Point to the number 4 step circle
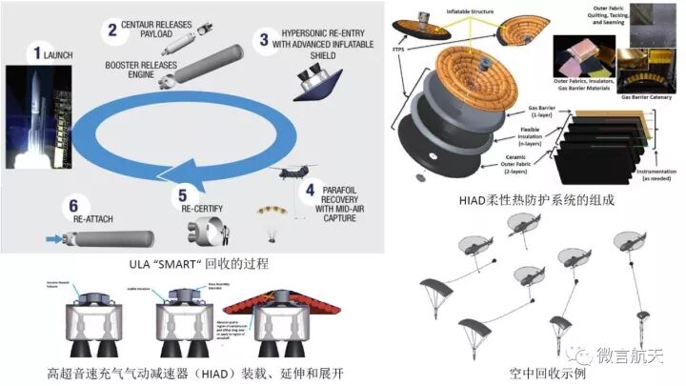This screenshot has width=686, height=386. (311, 189)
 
